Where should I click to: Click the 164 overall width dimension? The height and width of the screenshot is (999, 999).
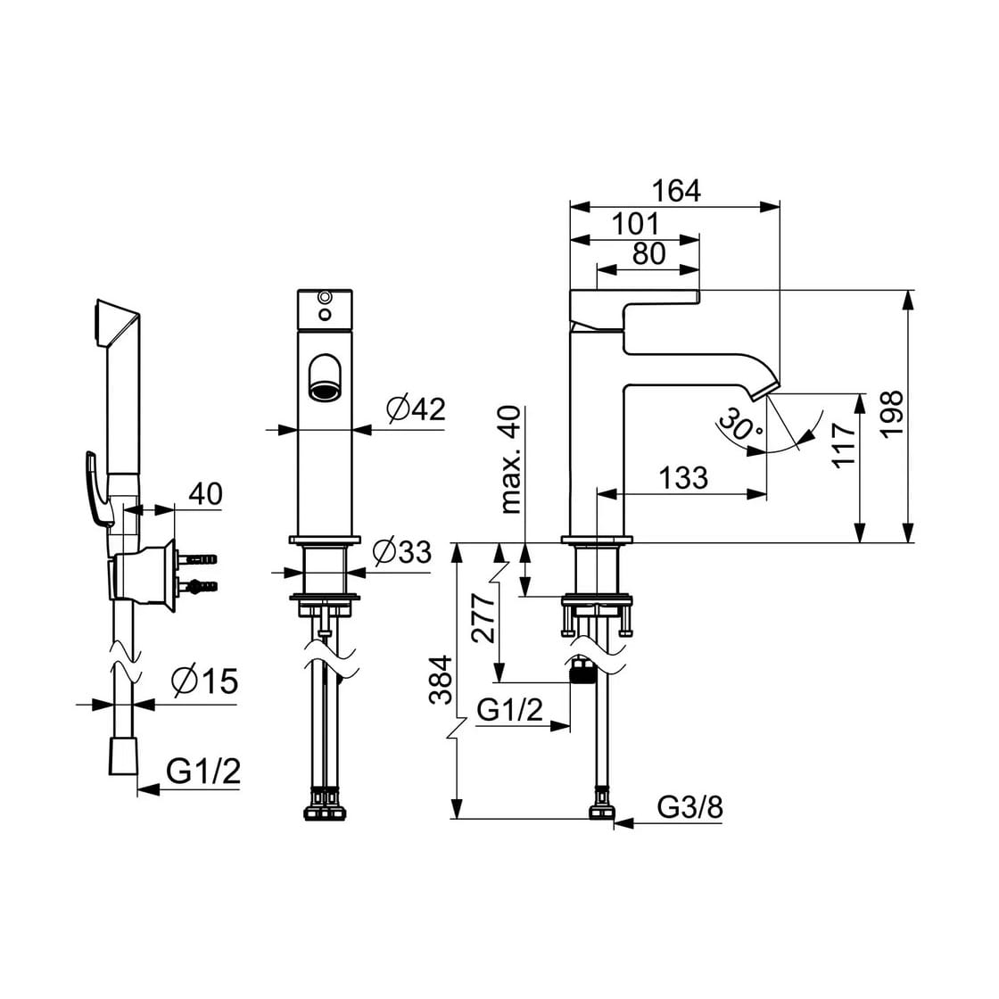pos(676,191)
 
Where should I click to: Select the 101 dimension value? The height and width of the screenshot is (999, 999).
pos(635,224)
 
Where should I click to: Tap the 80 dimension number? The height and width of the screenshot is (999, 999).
pos(649,253)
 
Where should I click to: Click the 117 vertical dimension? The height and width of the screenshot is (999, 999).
pos(845,445)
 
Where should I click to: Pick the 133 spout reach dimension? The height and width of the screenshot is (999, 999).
pos(683,477)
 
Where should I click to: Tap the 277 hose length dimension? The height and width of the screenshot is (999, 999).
pos(483,617)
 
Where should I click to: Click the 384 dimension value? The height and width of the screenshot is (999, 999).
pos(441,679)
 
